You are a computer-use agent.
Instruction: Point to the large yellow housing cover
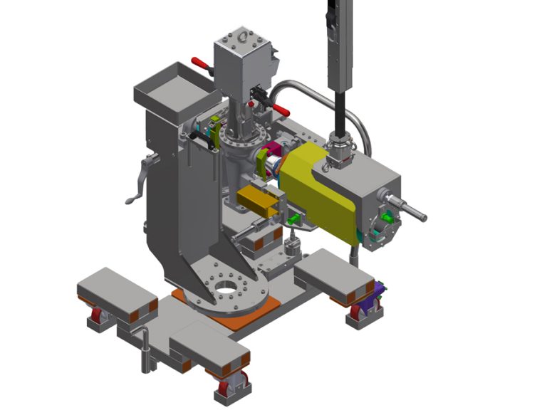tap(321, 192)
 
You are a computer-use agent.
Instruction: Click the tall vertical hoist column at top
tap(340, 43)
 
